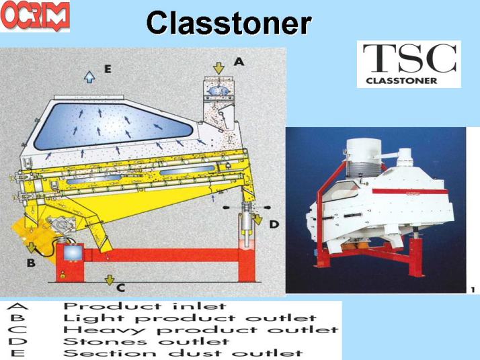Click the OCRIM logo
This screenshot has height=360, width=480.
point(35,15)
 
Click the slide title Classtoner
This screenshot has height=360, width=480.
point(229,23)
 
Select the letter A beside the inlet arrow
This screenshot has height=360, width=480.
point(239,62)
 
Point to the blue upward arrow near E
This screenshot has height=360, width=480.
point(89,77)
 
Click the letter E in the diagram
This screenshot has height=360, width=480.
point(108,69)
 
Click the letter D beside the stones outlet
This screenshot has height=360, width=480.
point(274,225)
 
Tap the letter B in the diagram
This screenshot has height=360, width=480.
point(31,263)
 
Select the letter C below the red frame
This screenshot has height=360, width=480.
point(121,288)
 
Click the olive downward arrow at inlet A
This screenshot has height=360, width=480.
point(218,69)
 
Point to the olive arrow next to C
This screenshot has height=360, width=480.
point(110,279)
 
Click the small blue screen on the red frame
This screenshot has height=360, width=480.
point(73,253)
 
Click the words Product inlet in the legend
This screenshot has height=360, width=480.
point(145,306)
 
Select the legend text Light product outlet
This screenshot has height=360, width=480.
point(190,318)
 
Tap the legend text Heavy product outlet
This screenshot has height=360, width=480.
point(201,330)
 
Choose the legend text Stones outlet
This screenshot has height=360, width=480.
point(146,341)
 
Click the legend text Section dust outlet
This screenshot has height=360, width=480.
point(183,353)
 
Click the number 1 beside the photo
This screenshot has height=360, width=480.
point(473,289)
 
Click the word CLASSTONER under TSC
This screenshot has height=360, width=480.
point(401,81)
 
